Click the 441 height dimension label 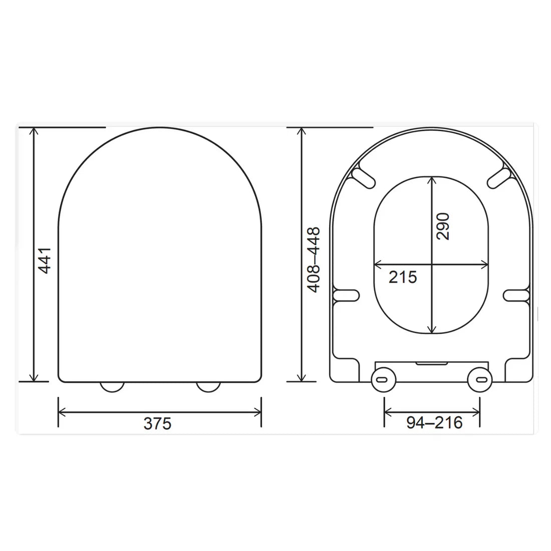[x=45, y=259]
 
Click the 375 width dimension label [x=157, y=424]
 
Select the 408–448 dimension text [x=314, y=259]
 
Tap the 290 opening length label [x=443, y=226]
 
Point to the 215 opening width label [x=403, y=277]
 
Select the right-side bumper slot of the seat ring [x=516, y=295]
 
